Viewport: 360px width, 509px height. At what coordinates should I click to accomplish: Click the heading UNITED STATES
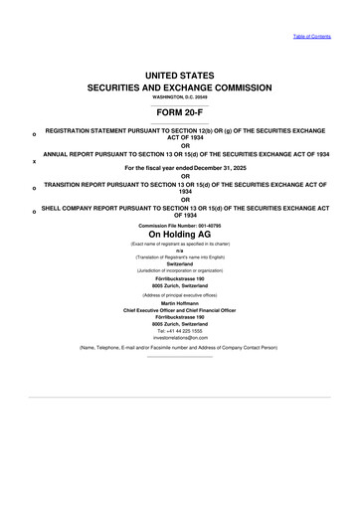point(180,76)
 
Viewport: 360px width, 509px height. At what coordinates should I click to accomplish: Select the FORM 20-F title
point(180,112)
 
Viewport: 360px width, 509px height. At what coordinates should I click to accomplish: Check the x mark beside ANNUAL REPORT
point(34,161)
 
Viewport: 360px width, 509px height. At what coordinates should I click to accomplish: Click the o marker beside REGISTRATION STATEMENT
point(34,135)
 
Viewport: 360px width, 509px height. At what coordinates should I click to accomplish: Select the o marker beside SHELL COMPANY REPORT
point(34,212)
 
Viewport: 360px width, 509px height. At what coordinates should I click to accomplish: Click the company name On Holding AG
point(180,236)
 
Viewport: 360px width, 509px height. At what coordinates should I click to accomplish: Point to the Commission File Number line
point(180,225)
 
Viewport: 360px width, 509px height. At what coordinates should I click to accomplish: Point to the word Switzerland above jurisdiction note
point(180,262)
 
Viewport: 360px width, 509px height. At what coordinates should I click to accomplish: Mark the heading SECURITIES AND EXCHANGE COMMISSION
point(180,88)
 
